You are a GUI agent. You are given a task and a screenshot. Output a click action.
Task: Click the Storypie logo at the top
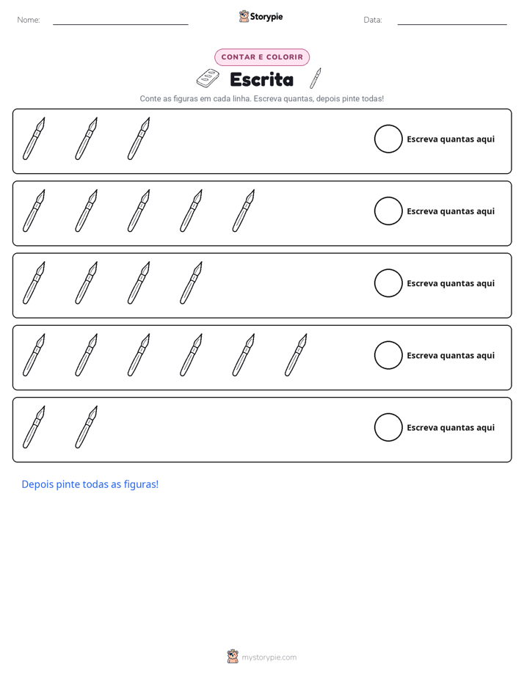(x=261, y=16)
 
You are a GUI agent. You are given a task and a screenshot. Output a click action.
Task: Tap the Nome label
(x=29, y=20)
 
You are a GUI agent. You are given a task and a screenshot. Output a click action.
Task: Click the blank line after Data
(x=452, y=24)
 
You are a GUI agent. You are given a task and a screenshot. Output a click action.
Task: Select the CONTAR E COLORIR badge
(x=262, y=57)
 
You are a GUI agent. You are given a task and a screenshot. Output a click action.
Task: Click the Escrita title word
(x=261, y=79)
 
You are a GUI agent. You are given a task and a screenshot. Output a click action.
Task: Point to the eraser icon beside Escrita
(x=208, y=78)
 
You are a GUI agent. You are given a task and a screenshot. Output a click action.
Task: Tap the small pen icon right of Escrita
(x=315, y=78)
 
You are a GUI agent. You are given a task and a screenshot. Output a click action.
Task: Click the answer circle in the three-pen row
(x=388, y=139)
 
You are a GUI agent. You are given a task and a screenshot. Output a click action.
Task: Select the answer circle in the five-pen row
(x=388, y=211)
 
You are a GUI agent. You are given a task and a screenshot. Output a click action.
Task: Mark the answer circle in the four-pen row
(x=388, y=283)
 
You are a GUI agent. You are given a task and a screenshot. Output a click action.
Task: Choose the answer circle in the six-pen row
(x=388, y=355)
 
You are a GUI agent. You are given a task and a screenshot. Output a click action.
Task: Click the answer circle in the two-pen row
(x=388, y=427)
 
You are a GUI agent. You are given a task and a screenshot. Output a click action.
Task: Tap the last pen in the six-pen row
(x=296, y=354)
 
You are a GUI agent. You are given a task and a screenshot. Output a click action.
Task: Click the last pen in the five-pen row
(x=244, y=211)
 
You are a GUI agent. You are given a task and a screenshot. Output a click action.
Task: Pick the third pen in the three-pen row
(x=139, y=139)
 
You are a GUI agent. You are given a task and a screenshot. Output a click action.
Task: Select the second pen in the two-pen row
(x=87, y=427)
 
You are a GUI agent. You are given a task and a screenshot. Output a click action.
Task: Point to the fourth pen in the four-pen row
(x=191, y=282)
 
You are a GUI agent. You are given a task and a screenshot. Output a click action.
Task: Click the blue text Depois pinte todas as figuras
(x=90, y=484)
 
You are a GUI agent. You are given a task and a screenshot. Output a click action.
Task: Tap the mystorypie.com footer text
(x=269, y=657)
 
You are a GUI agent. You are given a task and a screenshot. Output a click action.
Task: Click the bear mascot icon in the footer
(x=233, y=657)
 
